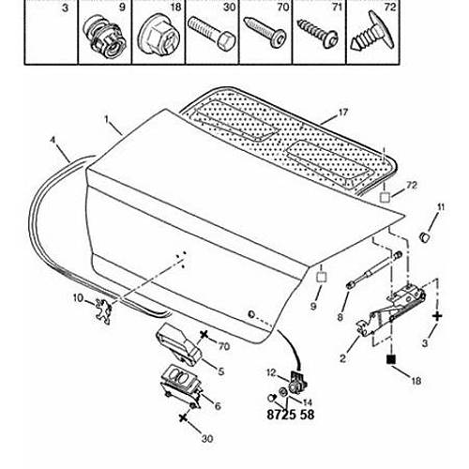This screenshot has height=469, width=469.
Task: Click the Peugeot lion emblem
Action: tap(103, 310)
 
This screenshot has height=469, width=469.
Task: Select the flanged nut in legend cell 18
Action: tap(159, 35)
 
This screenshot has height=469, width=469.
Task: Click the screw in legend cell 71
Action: tap(318, 33)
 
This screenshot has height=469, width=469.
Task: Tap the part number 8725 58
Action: tap(291, 415)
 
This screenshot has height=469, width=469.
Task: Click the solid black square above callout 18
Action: tap(391, 359)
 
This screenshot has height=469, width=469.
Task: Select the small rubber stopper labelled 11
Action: tap(424, 236)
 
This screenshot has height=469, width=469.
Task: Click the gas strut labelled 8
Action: tap(374, 269)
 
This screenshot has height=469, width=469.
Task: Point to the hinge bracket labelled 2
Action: tap(391, 312)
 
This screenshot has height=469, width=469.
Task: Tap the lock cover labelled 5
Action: tap(178, 344)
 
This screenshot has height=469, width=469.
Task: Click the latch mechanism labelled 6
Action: tap(180, 387)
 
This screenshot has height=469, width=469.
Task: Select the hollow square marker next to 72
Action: tap(385, 198)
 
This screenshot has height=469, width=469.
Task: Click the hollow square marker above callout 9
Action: tap(322, 278)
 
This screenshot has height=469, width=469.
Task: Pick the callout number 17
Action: tap(343, 113)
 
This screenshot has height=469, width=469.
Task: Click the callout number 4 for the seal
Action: tap(53, 140)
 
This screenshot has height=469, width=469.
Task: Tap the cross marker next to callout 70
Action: tap(204, 335)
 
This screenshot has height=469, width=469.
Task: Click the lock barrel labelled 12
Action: tap(297, 383)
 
